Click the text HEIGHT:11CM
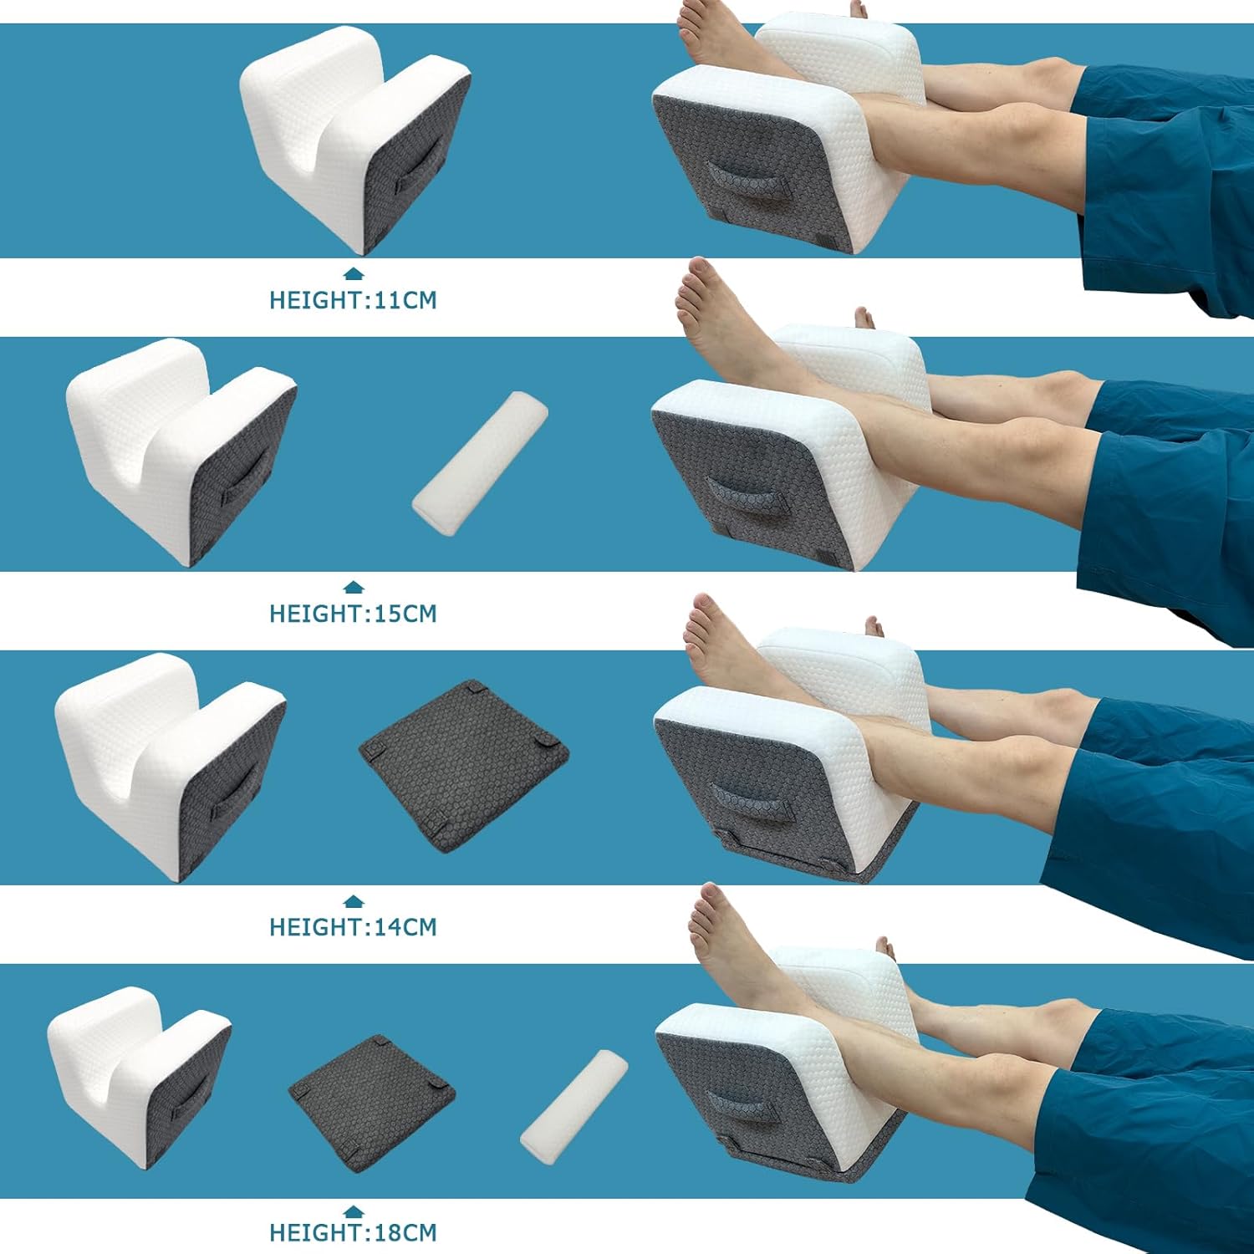point(353,300)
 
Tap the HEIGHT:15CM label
point(353,614)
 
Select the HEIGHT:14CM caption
point(353,927)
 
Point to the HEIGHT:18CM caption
point(353,1232)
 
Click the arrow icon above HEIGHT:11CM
point(354,273)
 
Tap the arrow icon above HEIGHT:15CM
point(354,587)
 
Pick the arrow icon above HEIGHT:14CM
point(354,900)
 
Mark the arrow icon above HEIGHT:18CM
point(354,1210)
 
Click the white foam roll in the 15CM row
point(481,458)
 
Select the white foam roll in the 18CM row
point(574,1101)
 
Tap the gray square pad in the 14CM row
point(464,765)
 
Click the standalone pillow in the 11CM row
point(355,138)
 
